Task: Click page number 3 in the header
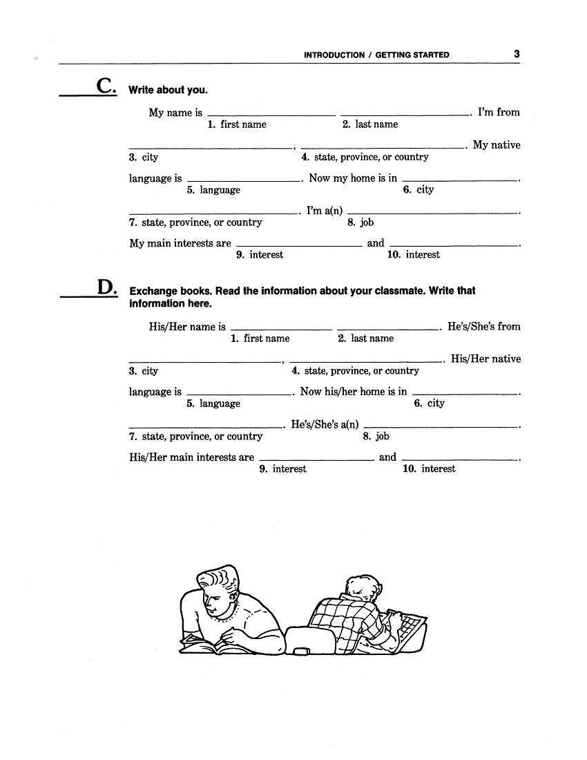517,54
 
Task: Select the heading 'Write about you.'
168,90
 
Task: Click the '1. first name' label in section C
236,124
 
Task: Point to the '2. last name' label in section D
365,339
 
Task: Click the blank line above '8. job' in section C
435,213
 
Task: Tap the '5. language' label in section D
213,403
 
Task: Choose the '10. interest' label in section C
414,255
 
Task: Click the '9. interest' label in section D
282,469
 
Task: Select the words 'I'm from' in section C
499,112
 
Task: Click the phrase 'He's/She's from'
484,326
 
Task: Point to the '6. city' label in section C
418,190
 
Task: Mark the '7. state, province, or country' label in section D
195,437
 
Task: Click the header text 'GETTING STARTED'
412,55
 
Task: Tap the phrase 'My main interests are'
180,243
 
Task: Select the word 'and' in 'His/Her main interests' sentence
388,457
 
